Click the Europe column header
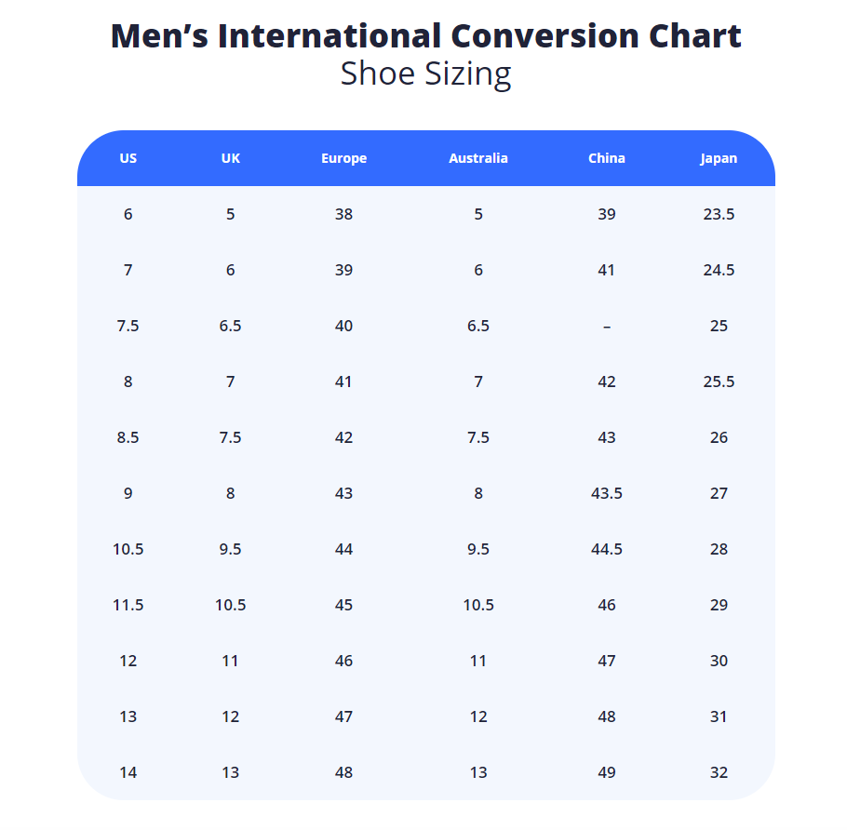point(343,158)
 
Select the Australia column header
point(478,158)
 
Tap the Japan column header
point(719,158)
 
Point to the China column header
point(607,158)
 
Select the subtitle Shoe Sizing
point(425,74)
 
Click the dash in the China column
point(607,326)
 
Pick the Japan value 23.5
point(719,214)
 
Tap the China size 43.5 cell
point(607,493)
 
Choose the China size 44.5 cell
point(607,549)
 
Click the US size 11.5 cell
point(128,605)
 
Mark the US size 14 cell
point(128,772)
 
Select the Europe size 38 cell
point(343,214)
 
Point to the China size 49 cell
point(607,772)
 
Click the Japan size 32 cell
point(719,772)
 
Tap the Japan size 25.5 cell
point(719,382)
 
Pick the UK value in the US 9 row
point(231,493)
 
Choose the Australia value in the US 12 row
point(478,661)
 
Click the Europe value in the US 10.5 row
point(343,549)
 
